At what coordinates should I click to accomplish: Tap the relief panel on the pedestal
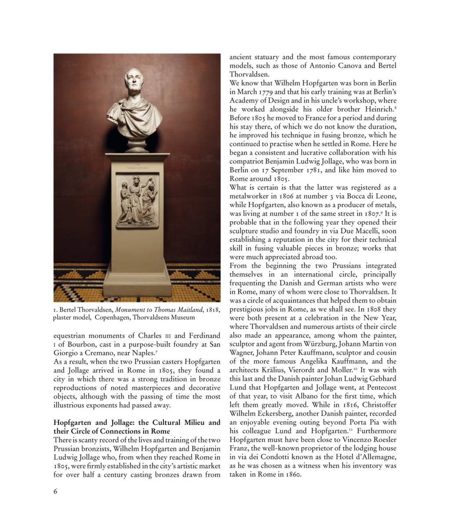[137, 201]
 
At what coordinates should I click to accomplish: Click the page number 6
[55, 491]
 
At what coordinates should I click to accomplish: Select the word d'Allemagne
[374, 457]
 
